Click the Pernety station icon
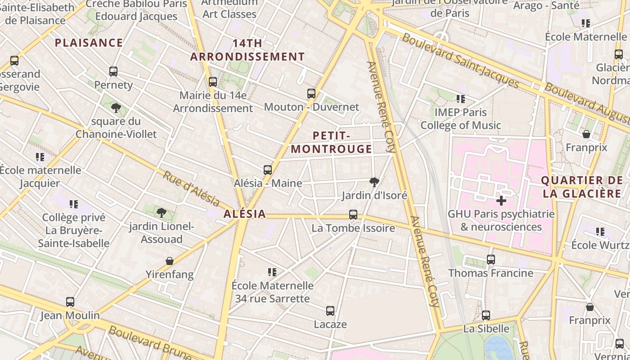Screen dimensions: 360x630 (x=113, y=72)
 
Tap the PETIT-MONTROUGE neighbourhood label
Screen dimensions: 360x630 (x=331, y=142)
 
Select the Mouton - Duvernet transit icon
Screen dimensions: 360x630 (x=311, y=94)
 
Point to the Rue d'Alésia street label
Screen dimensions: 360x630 (x=191, y=189)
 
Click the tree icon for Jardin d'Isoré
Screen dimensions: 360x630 (x=374, y=182)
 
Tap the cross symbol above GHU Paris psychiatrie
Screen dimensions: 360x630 (x=501, y=201)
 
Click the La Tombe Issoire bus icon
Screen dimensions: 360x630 (x=353, y=215)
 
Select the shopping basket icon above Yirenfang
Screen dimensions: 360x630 (x=170, y=261)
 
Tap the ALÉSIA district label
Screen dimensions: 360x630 (x=245, y=214)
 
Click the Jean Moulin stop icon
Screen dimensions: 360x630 (x=70, y=302)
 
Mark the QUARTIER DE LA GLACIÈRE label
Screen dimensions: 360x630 (x=581, y=187)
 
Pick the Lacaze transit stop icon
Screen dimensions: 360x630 (x=330, y=311)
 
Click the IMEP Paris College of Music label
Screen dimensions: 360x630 (x=460, y=119)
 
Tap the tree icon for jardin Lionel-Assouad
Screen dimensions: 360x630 (x=162, y=213)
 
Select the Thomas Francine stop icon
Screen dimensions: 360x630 (x=491, y=260)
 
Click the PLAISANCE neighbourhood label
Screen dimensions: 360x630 (x=89, y=43)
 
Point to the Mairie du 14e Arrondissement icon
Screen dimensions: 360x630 (x=213, y=82)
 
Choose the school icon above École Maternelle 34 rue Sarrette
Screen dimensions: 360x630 (x=272, y=272)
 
